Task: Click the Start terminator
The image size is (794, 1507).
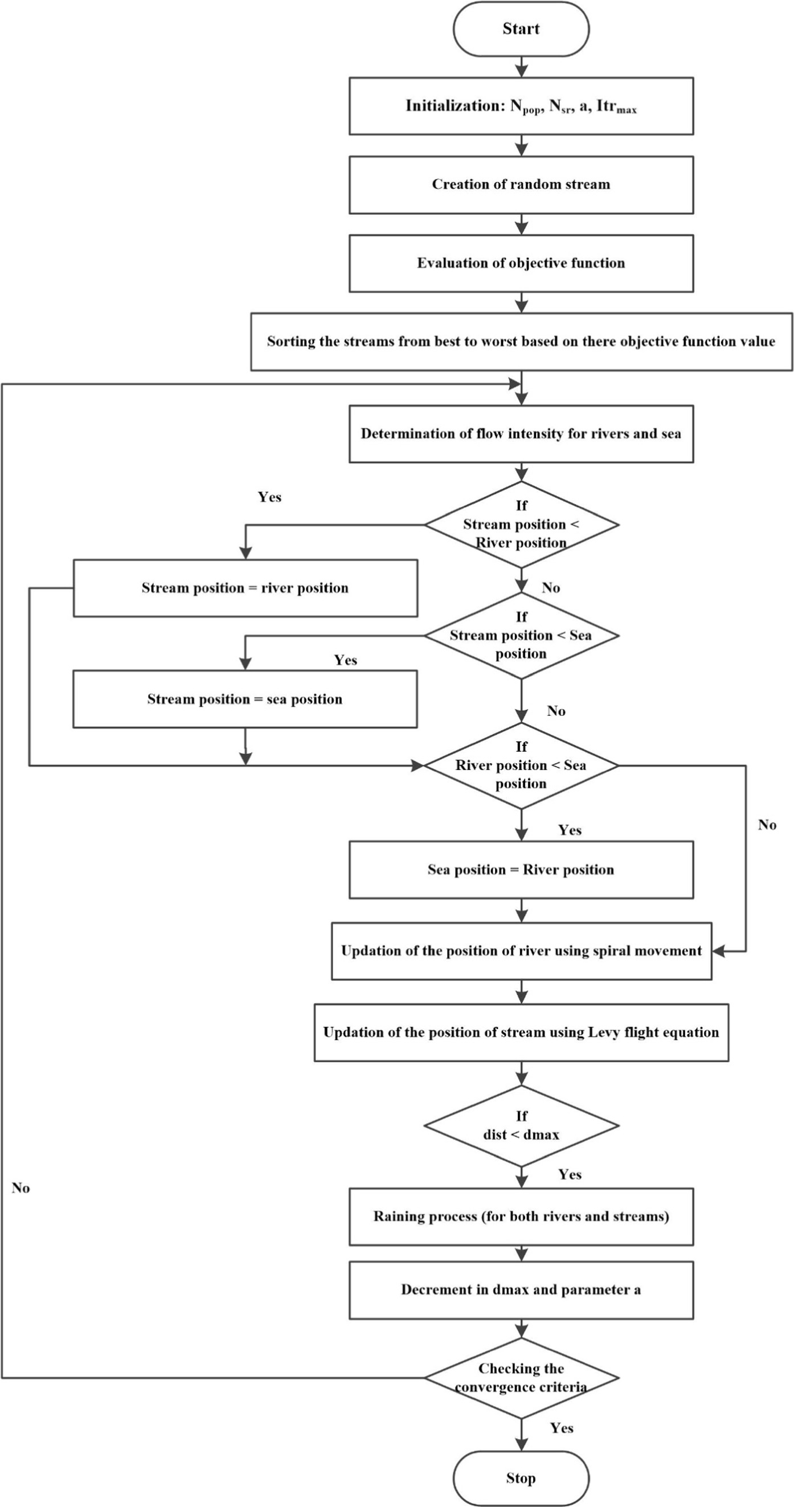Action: coord(521,29)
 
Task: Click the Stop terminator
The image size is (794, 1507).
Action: coord(521,1478)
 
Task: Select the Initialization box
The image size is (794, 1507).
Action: coord(521,106)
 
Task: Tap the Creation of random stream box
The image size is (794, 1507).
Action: coord(521,185)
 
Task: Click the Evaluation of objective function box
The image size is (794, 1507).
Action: coord(521,263)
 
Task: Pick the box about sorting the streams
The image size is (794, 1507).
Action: coord(521,342)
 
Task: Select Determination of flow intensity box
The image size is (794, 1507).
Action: coord(521,433)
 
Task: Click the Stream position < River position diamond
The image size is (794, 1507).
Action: coord(521,524)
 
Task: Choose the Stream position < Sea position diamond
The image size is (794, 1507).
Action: coord(521,636)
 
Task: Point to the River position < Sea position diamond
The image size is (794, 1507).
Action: coord(521,765)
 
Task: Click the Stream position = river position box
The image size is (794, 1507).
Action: coord(245,588)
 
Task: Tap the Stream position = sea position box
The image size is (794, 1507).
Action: coord(245,699)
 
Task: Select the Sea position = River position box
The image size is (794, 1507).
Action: coord(521,870)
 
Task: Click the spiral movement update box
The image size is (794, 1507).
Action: coord(521,951)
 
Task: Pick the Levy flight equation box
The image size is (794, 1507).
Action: coord(521,1033)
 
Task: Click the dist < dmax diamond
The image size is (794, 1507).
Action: coord(521,1125)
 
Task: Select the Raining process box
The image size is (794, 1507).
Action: coord(521,1217)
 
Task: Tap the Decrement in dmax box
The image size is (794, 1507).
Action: coord(521,1290)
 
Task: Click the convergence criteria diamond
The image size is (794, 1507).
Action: coord(521,1378)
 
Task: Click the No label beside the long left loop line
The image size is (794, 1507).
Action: coord(21,1188)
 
